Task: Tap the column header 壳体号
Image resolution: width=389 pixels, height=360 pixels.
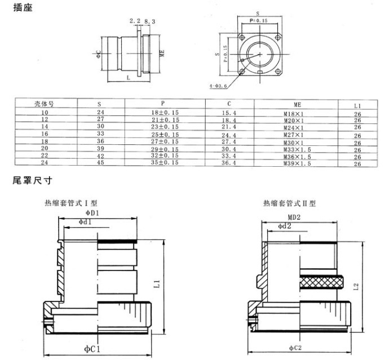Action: [x=45, y=104]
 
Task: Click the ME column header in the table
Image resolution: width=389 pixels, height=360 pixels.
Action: [x=297, y=105]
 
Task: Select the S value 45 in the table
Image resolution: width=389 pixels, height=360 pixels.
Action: [x=101, y=163]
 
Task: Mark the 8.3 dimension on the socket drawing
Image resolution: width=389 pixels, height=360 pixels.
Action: [x=150, y=21]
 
